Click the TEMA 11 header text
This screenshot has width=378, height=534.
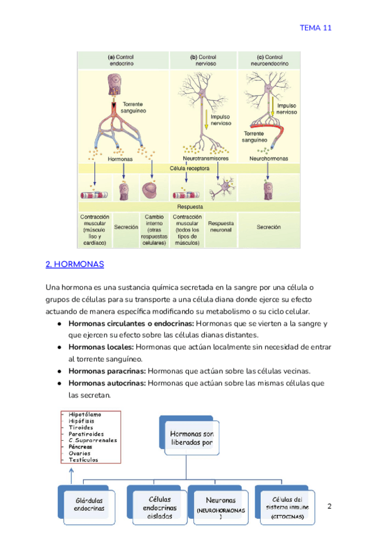[315, 28]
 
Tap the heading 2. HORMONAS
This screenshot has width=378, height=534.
[75, 264]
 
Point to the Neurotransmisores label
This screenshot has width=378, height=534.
[205, 159]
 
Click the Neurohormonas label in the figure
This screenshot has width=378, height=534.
[269, 159]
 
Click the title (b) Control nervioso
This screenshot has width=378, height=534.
[203, 60]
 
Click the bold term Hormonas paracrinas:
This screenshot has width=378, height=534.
[107, 370]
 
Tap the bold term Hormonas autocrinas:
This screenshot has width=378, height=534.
[107, 383]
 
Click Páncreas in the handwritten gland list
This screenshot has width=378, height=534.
[80, 446]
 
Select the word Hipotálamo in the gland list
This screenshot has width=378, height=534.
[86, 414]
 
